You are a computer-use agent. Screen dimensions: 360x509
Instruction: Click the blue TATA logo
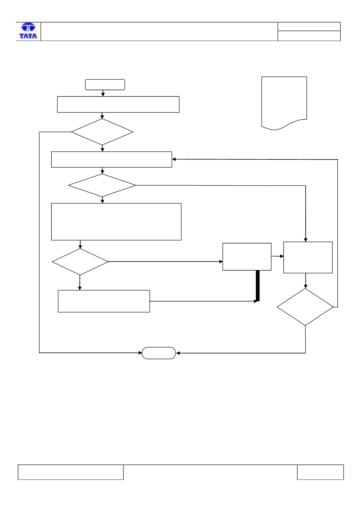pyautogui.click(x=28, y=31)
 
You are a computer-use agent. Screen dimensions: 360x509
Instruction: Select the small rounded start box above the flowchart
pyautogui.click(x=105, y=85)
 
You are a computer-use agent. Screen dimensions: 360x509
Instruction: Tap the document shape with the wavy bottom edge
pyautogui.click(x=284, y=103)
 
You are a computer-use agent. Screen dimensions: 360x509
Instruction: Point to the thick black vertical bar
pyautogui.click(x=257, y=285)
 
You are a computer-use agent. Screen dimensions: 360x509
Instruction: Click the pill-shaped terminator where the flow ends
pyautogui.click(x=159, y=353)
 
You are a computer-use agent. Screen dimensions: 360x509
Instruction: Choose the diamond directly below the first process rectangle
pyautogui.click(x=102, y=132)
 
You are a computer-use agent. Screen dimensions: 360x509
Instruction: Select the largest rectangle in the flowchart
pyautogui.click(x=116, y=221)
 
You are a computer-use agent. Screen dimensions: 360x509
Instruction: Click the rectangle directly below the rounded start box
pyautogui.click(x=118, y=104)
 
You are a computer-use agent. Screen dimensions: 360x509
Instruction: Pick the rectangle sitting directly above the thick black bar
pyautogui.click(x=247, y=257)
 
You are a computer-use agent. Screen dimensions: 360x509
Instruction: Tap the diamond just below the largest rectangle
pyautogui.click(x=80, y=262)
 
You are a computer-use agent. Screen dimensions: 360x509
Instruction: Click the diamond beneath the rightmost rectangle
pyautogui.click(x=305, y=307)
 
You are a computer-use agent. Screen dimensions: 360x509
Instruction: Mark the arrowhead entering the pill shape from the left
pyautogui.click(x=140, y=353)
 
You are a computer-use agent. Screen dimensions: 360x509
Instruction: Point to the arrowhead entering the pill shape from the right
pyautogui.click(x=178, y=353)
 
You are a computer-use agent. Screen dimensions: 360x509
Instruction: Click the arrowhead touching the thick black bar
pyautogui.click(x=256, y=301)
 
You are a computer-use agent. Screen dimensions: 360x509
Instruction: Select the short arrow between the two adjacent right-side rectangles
pyautogui.click(x=277, y=256)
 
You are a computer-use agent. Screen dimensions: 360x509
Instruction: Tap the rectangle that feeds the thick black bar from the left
pyautogui.click(x=104, y=301)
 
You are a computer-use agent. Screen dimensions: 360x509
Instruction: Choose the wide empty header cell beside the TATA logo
pyautogui.click(x=159, y=31)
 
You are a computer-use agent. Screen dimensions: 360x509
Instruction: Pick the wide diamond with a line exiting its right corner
pyautogui.click(x=102, y=185)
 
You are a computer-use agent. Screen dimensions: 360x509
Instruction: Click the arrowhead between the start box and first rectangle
pyautogui.click(x=103, y=94)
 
